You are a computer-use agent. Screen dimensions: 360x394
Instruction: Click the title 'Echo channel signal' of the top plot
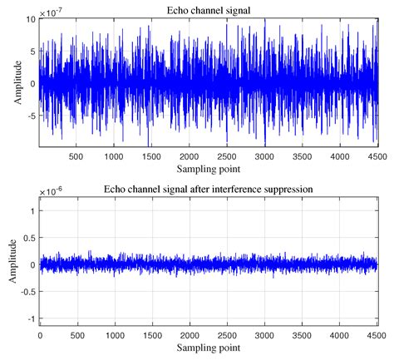(x=208, y=9)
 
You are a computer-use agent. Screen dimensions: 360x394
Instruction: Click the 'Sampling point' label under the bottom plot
(x=208, y=350)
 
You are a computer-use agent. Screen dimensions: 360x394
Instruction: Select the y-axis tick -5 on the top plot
(x=29, y=116)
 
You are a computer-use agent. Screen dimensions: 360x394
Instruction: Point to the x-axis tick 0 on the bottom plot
(x=40, y=337)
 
